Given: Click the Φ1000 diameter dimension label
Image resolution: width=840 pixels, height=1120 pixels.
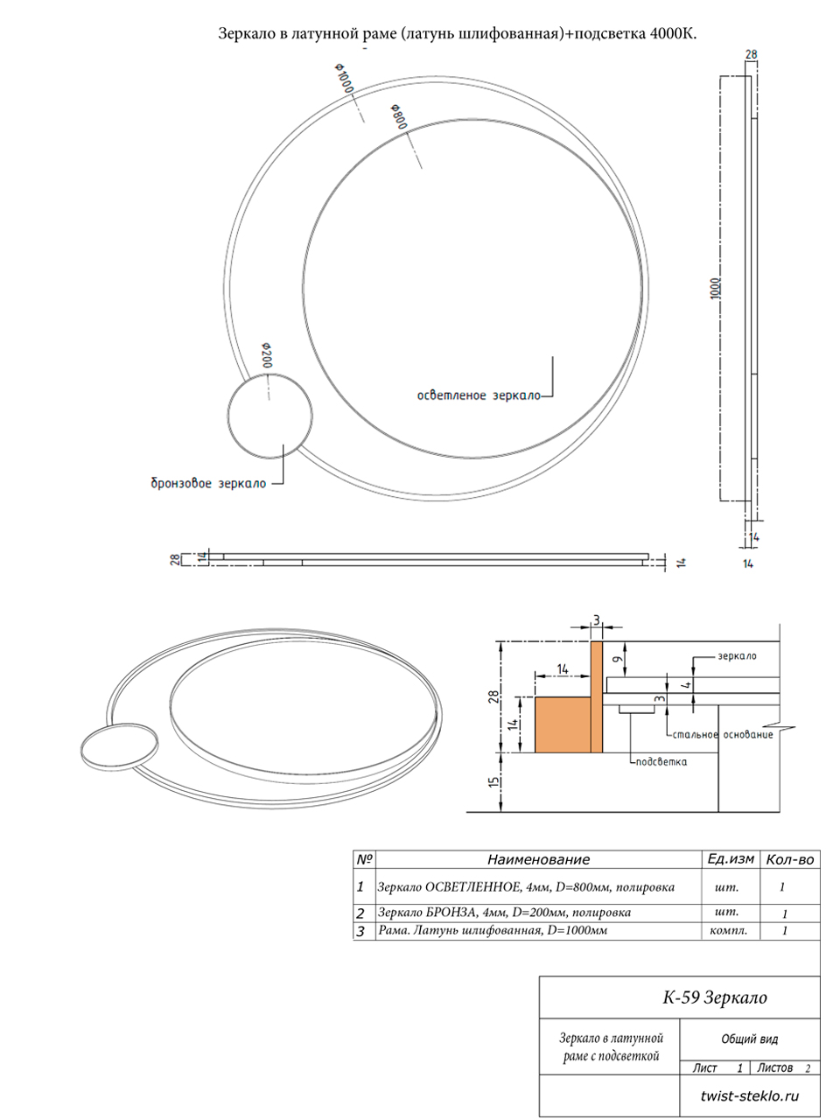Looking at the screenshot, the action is point(344,77).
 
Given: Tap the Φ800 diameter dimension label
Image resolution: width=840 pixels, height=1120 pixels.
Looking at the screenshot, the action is point(399,116).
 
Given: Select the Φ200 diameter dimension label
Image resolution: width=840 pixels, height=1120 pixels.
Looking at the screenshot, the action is point(267,355).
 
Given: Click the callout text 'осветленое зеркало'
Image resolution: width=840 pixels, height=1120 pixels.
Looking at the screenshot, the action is point(479,395).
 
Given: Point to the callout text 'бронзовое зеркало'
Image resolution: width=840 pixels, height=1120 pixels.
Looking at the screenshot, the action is point(208,483).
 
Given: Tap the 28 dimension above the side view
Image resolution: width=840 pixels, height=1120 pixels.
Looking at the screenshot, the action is point(752,54).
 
